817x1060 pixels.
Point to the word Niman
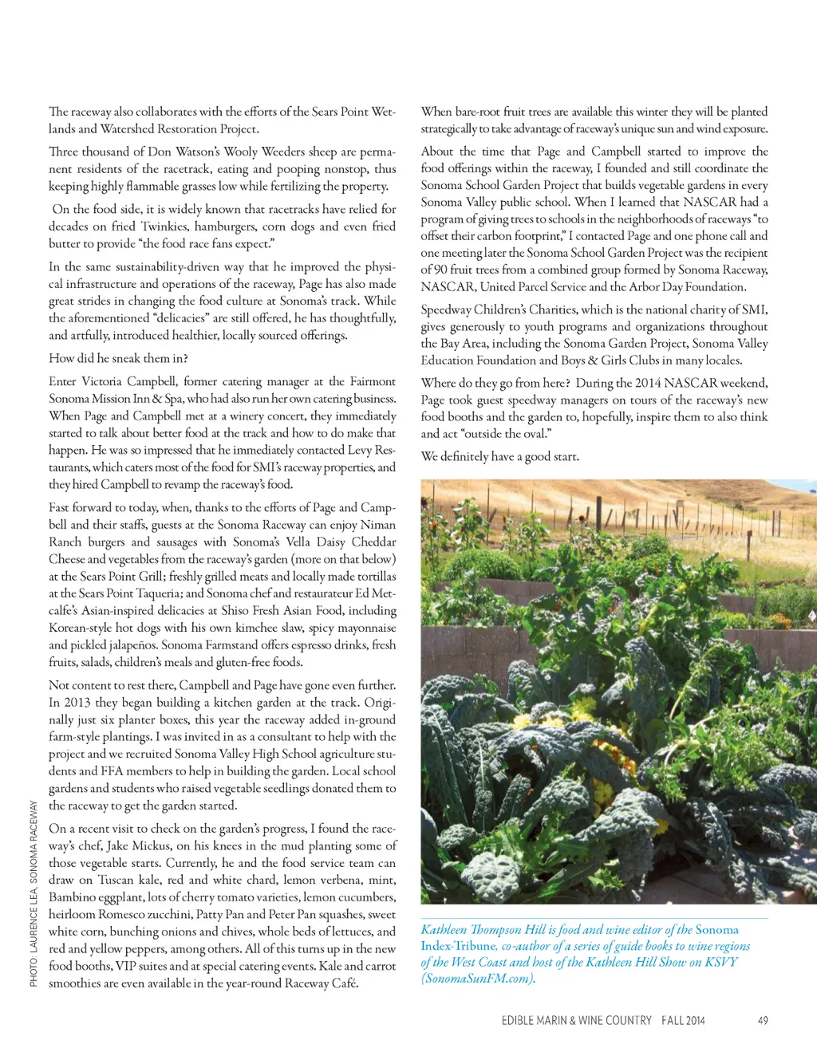pos(377,524)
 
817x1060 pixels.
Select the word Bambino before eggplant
pos(73,896)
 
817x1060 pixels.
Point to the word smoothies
pos(76,983)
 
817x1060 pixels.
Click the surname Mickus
pos(153,845)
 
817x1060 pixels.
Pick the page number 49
pos(763,1020)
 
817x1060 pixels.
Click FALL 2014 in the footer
pos(683,1020)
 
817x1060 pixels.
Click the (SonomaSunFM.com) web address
pos(478,979)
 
